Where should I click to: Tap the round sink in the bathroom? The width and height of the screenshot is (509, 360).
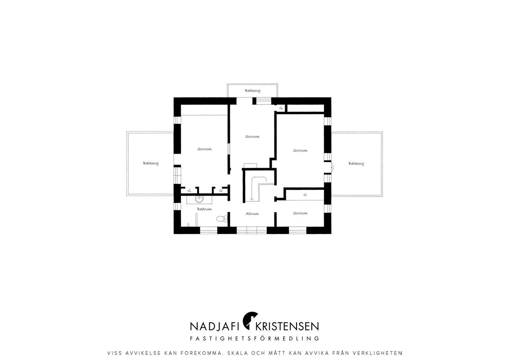pyautogui.click(x=200, y=200)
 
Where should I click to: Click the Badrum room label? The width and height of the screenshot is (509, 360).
pyautogui.click(x=204, y=209)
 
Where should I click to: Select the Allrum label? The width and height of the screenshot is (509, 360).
pyautogui.click(x=252, y=214)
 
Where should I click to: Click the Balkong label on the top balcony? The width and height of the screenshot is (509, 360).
pyautogui.click(x=252, y=91)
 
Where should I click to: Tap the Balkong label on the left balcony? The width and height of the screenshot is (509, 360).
pyautogui.click(x=151, y=163)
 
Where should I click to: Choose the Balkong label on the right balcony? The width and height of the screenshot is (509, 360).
pyautogui.click(x=356, y=163)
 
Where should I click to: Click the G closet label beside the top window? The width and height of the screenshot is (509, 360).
pyautogui.click(x=281, y=108)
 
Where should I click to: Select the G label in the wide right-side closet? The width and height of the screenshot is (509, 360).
pyautogui.click(x=305, y=195)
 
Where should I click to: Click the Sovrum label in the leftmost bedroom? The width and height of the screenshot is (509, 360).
pyautogui.click(x=204, y=149)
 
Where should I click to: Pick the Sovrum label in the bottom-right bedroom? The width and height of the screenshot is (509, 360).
pyautogui.click(x=300, y=213)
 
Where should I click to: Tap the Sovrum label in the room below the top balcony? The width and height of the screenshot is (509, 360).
pyautogui.click(x=252, y=137)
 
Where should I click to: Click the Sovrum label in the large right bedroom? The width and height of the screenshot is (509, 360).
pyautogui.click(x=300, y=151)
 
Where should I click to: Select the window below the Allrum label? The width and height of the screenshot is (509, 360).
pyautogui.click(x=252, y=230)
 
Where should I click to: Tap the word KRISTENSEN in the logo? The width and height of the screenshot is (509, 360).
pyautogui.click(x=287, y=326)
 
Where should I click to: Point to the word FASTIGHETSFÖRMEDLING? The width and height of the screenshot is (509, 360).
pyautogui.click(x=255, y=338)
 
